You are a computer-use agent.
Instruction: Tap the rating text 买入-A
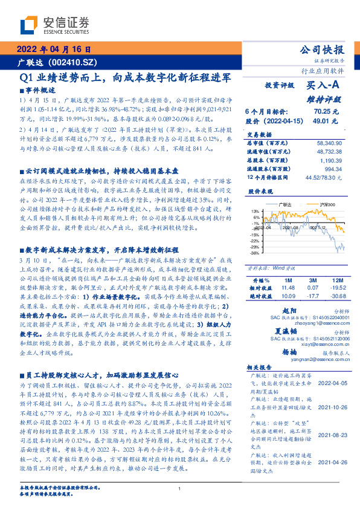[x=323, y=86]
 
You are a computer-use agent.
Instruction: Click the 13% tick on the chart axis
[x=256, y=211]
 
